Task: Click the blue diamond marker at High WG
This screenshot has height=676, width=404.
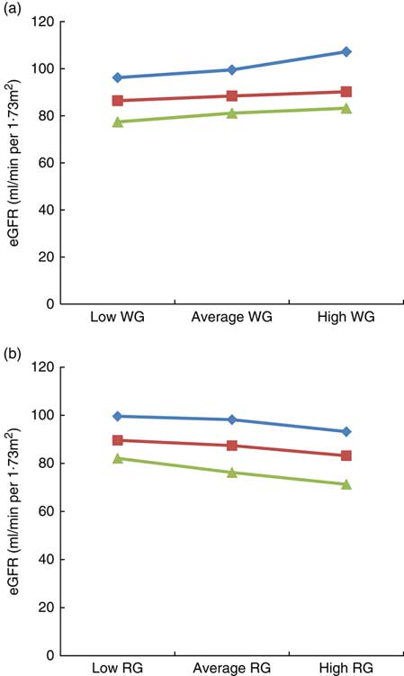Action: click(346, 52)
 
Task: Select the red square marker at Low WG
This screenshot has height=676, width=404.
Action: click(118, 101)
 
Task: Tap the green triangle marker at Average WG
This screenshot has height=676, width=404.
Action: click(232, 113)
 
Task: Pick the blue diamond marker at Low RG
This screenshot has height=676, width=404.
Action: click(118, 416)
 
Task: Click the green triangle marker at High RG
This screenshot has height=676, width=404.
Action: click(346, 484)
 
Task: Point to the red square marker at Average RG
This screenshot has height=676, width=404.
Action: click(232, 446)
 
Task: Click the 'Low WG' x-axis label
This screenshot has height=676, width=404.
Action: click(118, 319)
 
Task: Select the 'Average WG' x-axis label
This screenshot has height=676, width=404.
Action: click(231, 319)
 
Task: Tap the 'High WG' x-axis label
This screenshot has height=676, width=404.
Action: click(346, 319)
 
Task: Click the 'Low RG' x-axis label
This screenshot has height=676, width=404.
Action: click(118, 670)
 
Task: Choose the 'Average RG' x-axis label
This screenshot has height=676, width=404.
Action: click(231, 670)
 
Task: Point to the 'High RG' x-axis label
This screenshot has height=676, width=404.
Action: click(346, 670)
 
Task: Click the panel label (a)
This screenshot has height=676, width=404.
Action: click(13, 8)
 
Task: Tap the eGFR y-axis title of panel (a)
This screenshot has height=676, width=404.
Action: click(13, 162)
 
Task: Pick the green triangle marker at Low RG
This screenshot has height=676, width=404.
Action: click(118, 458)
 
